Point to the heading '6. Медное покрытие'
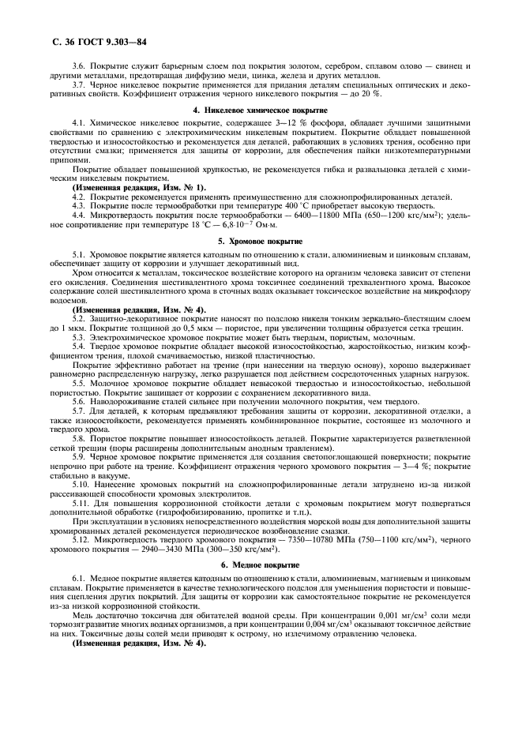[262, 565]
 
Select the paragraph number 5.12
[82, 538]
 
